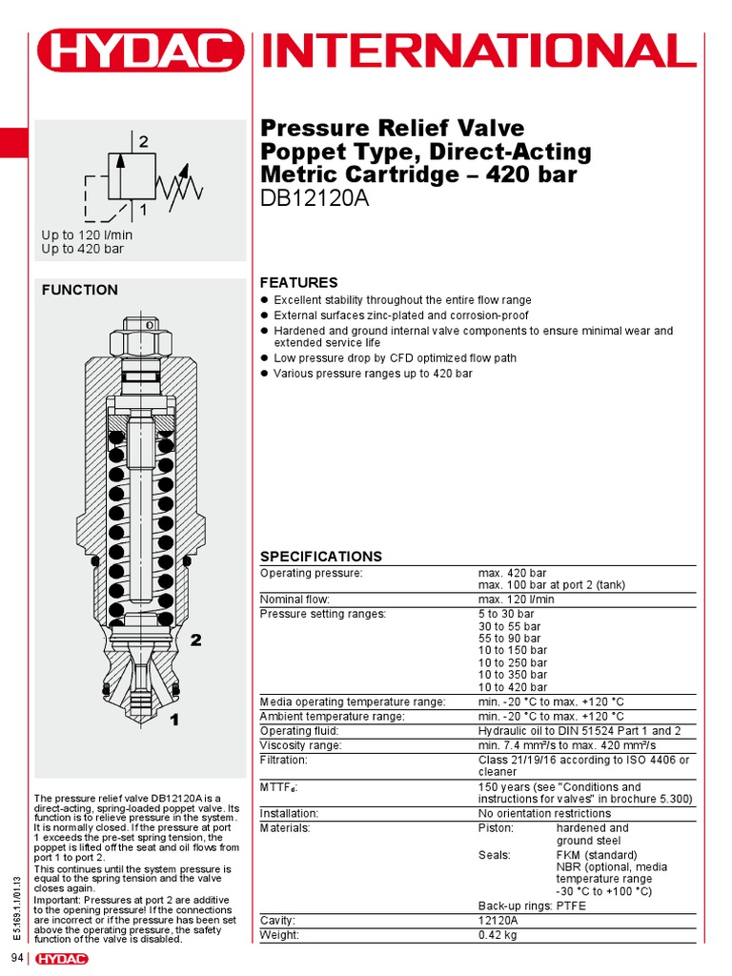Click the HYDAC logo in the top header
pyautogui.click(x=140, y=51)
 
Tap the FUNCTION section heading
pyautogui.click(x=80, y=290)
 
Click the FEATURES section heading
pyautogui.click(x=298, y=283)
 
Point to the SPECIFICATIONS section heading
pyautogui.click(x=320, y=557)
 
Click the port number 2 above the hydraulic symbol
pyautogui.click(x=144, y=142)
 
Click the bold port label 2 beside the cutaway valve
pyautogui.click(x=195, y=640)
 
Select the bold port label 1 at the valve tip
pyautogui.click(x=174, y=721)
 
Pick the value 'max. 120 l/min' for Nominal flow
pyautogui.click(x=516, y=600)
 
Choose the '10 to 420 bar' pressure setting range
pyautogui.click(x=513, y=687)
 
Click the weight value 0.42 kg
pyautogui.click(x=497, y=935)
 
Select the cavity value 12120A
pyautogui.click(x=498, y=921)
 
